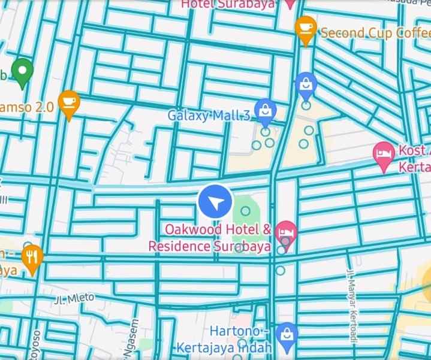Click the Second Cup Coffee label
pos(375,32)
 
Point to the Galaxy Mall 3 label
pos(208,115)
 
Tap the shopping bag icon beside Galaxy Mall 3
pos(265,110)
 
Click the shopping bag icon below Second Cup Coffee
pos(306,84)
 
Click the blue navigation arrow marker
pos(215,201)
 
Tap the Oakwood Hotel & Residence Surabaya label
pos(210,238)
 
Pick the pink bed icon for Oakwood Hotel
pos(287,231)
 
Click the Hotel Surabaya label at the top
pos(228,4)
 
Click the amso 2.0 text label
pos(28,107)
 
